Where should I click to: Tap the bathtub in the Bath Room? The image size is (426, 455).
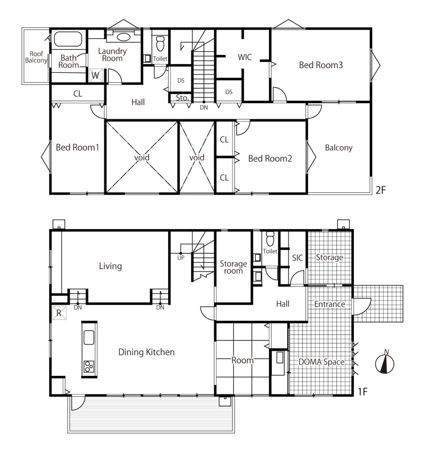(x=68, y=39)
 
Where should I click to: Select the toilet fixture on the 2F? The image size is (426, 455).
(x=160, y=43)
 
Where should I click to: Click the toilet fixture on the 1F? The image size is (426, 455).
(x=271, y=239)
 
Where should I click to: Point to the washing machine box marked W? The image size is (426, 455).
(x=96, y=75)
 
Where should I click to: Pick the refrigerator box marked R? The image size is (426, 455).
(x=59, y=312)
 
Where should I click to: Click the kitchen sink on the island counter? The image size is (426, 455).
(x=89, y=337)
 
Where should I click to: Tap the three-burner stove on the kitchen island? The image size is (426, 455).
(x=89, y=367)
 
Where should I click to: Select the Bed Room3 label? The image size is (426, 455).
(x=321, y=65)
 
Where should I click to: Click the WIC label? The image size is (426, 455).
(x=245, y=57)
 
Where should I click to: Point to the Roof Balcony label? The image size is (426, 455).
(x=36, y=57)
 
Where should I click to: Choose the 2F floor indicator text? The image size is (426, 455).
(x=381, y=190)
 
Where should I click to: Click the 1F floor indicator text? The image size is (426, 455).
(x=362, y=392)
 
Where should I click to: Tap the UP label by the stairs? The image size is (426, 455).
(x=181, y=258)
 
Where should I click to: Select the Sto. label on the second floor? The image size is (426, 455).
(x=182, y=98)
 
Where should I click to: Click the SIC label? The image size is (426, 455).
(x=297, y=258)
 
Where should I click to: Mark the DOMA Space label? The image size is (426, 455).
(x=321, y=362)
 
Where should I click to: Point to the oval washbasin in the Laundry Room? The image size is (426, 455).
(x=124, y=37)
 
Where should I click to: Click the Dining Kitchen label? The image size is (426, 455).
(x=147, y=352)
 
